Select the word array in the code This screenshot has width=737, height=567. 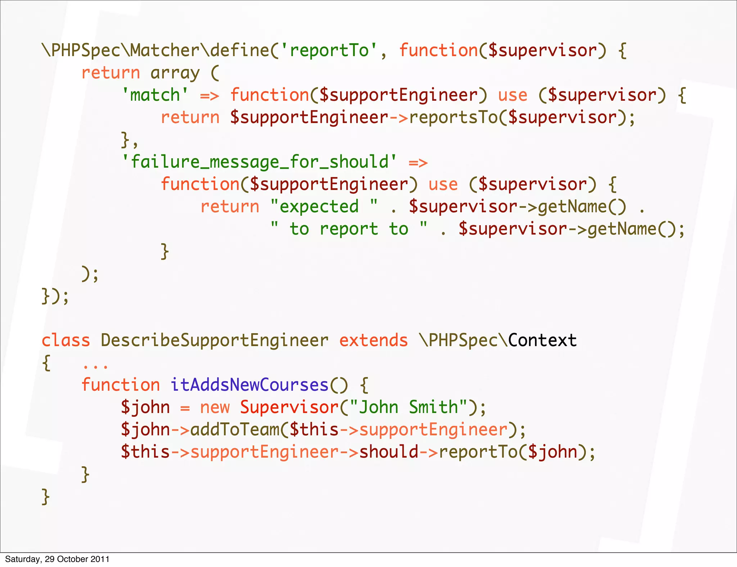[x=175, y=73]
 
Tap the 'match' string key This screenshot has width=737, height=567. [x=155, y=95]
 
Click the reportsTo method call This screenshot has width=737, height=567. [x=453, y=118]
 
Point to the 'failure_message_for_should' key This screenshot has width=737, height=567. [x=259, y=162]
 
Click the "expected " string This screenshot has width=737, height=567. [x=324, y=207]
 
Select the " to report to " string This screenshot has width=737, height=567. [x=349, y=229]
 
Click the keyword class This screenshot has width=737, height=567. [x=65, y=340]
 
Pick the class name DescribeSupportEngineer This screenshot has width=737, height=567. [x=214, y=340]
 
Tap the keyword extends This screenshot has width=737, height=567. [x=374, y=340]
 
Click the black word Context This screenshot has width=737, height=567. [x=542, y=340]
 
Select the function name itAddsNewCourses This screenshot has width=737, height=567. [x=249, y=385]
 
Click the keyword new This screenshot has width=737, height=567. [x=214, y=407]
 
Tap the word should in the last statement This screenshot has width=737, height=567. [x=389, y=452]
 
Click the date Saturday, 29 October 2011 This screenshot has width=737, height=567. [x=57, y=559]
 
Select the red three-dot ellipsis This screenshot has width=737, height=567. [x=95, y=366]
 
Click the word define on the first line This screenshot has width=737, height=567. [x=240, y=50]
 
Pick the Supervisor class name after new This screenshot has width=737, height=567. [x=289, y=407]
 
